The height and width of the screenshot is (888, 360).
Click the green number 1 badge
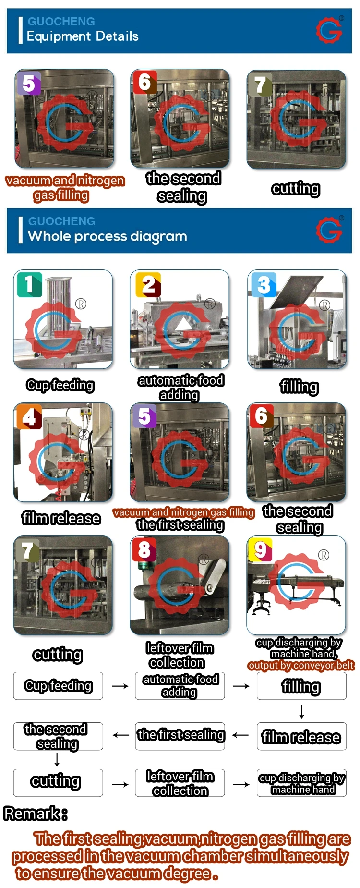point(29,284)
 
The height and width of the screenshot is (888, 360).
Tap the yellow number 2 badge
point(148,285)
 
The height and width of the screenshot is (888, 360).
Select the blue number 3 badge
point(264,285)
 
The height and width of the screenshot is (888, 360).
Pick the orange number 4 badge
point(29,417)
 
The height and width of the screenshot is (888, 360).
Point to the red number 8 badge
point(144,550)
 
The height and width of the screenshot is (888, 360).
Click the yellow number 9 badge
point(260,550)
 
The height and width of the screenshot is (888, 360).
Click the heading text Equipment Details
point(83,36)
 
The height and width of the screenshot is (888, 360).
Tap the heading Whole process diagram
point(107,236)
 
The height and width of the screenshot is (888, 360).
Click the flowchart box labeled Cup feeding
point(58,686)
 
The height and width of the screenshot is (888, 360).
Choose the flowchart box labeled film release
point(301,736)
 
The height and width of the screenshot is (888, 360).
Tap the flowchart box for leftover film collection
point(180,783)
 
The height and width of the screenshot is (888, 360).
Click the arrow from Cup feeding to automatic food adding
point(120,686)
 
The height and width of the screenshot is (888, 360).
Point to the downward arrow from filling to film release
point(301,711)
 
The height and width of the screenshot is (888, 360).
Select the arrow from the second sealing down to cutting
point(57,759)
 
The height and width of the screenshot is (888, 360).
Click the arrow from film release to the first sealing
point(240,735)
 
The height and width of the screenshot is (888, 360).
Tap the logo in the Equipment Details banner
point(329,30)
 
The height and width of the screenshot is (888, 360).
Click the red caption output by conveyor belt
point(301,665)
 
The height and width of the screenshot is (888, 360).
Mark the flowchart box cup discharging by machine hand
point(301,783)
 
